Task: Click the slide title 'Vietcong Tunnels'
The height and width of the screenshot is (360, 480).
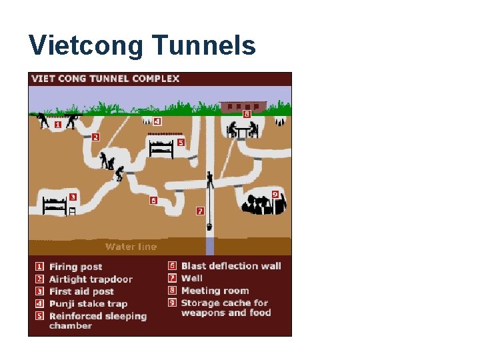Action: click(142, 45)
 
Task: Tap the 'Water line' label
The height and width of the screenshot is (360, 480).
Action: click(131, 247)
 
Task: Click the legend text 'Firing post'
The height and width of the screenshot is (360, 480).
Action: click(75, 267)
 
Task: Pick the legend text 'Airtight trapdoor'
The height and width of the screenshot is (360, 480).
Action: click(91, 279)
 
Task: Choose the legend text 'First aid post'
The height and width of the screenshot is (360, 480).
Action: click(81, 291)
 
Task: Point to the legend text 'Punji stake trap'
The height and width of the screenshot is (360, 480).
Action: click(88, 304)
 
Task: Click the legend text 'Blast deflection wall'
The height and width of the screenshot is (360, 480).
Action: click(231, 266)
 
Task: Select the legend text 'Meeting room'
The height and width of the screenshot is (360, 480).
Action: click(215, 291)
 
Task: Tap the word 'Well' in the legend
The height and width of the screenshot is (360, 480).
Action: click(191, 278)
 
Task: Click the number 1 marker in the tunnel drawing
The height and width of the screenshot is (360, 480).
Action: click(57, 124)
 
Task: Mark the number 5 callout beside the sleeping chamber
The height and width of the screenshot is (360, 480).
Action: click(180, 142)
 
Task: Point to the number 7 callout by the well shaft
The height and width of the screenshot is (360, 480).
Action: click(199, 211)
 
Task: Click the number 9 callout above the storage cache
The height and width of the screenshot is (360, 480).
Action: click(275, 194)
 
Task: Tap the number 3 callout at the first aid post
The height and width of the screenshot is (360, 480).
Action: click(72, 197)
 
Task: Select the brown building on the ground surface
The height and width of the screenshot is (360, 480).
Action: click(243, 106)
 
